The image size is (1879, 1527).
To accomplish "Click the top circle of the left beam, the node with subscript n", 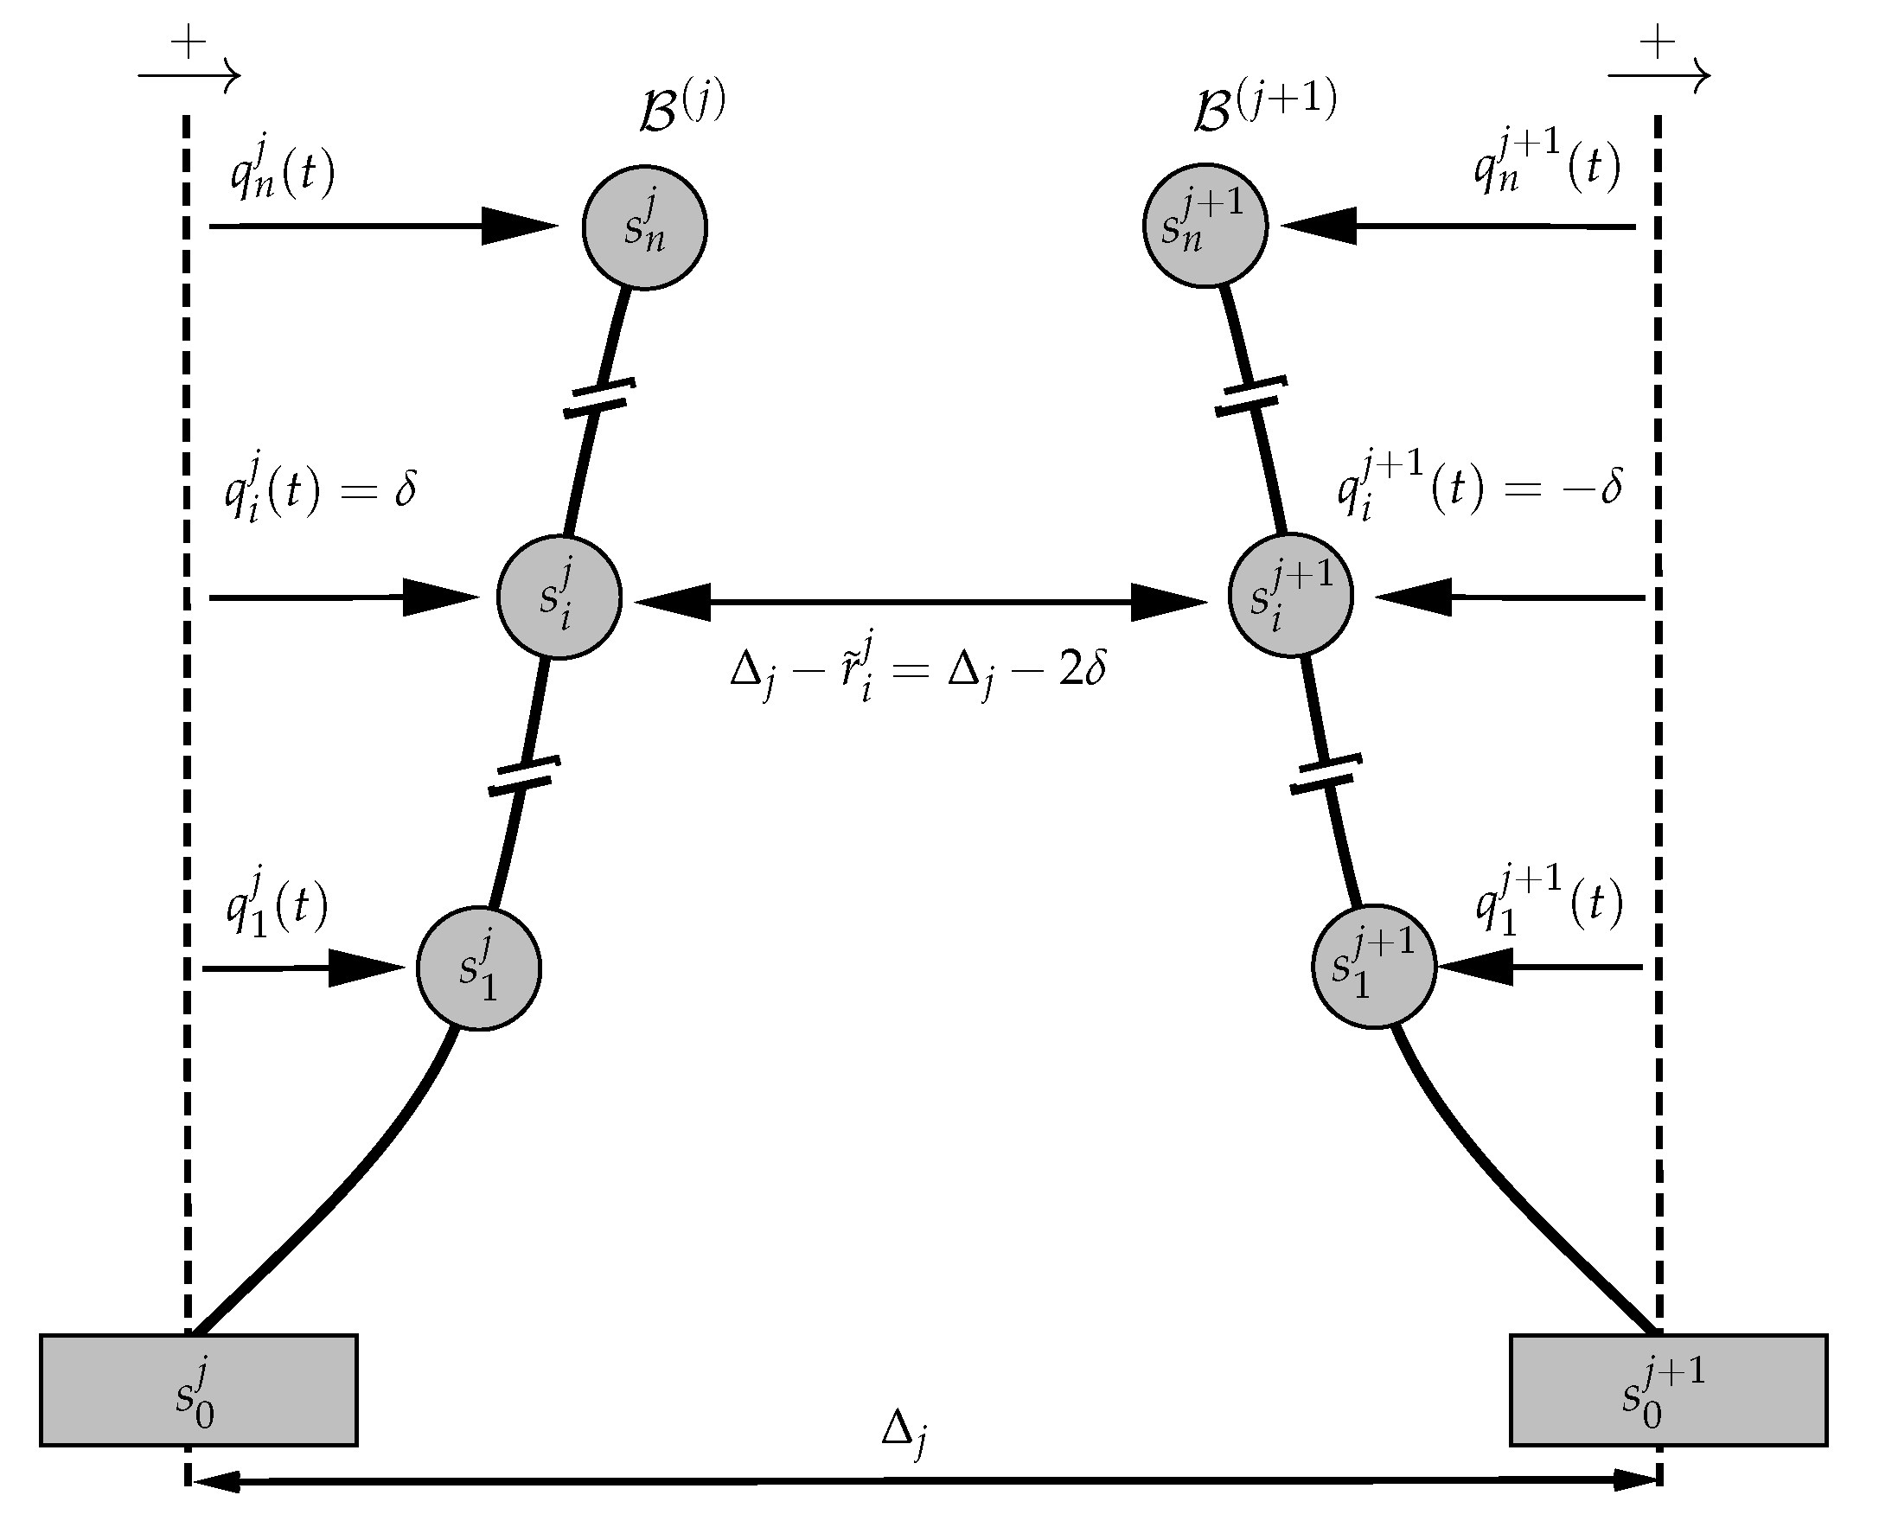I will pyautogui.click(x=644, y=227).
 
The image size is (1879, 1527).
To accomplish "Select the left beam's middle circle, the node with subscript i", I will pyautogui.click(x=559, y=597).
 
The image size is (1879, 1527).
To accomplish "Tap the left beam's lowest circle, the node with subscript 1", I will pyautogui.click(x=478, y=968).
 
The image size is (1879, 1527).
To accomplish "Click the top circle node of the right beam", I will pyautogui.click(x=1205, y=225).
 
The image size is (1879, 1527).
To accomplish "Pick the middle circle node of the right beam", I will pyautogui.click(x=1290, y=596).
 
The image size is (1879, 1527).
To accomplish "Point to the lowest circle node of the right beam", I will pyautogui.click(x=1373, y=966).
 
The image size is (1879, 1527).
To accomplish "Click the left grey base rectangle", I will pyautogui.click(x=198, y=1390).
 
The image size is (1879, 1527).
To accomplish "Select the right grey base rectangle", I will pyautogui.click(x=1668, y=1390).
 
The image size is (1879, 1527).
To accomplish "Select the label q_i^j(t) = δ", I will pyautogui.click(x=319, y=494).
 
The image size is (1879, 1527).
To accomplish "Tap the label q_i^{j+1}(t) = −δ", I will pyautogui.click(x=1480, y=489).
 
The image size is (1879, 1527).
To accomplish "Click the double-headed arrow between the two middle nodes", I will pyautogui.click(x=919, y=602).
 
